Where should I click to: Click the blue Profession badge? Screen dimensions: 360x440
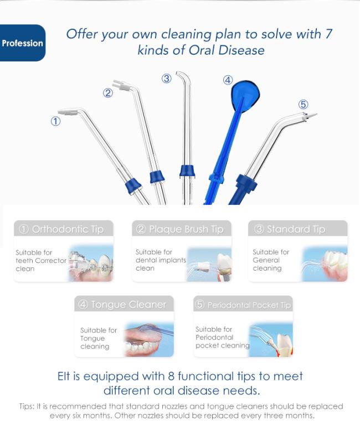coord(23,43)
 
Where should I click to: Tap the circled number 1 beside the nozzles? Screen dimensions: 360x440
coord(55,121)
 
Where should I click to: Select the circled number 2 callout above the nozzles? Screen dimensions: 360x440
coord(108,93)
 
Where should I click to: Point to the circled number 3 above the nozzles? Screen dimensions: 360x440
coord(167,79)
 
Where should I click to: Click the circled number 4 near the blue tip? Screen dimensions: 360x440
coord(228,80)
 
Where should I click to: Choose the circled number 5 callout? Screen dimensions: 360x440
coord(304,105)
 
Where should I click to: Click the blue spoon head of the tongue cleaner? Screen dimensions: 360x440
coord(245,96)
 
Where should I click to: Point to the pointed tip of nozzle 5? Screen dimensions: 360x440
coord(317,114)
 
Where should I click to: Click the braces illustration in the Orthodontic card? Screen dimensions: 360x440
coord(91,263)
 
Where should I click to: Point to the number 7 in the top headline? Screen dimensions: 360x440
coord(328,34)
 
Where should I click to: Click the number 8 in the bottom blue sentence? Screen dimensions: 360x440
coord(171,376)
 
